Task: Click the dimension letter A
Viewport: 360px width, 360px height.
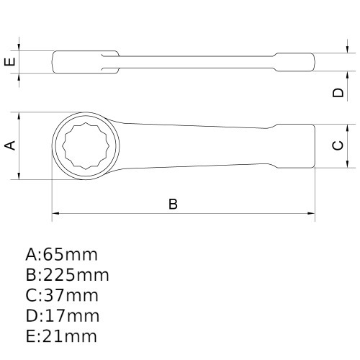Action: pyautogui.click(x=10, y=145)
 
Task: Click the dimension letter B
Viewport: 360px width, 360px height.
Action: pyautogui.click(x=173, y=204)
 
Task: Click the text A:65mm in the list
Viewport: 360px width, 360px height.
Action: pyautogui.click(x=61, y=254)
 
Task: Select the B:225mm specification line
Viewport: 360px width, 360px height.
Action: pyautogui.click(x=67, y=275)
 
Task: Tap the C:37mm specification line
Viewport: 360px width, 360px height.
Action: pyautogui.click(x=61, y=295)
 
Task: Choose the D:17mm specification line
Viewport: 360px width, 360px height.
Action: pyautogui.click(x=61, y=315)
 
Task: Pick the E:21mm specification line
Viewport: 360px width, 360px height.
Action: pyautogui.click(x=60, y=336)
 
